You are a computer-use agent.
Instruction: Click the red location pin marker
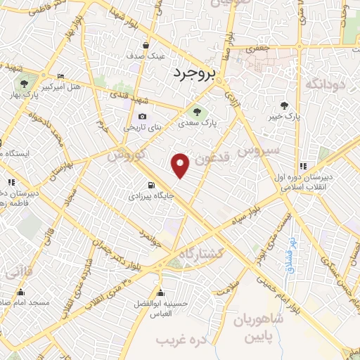[181, 165]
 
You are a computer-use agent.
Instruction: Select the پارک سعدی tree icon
[197, 110]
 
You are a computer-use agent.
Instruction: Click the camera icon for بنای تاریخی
[143, 117]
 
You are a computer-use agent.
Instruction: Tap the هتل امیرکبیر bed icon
[60, 77]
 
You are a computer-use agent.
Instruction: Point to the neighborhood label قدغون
[209, 160]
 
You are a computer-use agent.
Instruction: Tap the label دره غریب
[174, 340]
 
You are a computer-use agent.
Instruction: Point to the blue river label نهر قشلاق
[289, 256]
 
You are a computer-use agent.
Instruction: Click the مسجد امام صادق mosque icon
[20, 292]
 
